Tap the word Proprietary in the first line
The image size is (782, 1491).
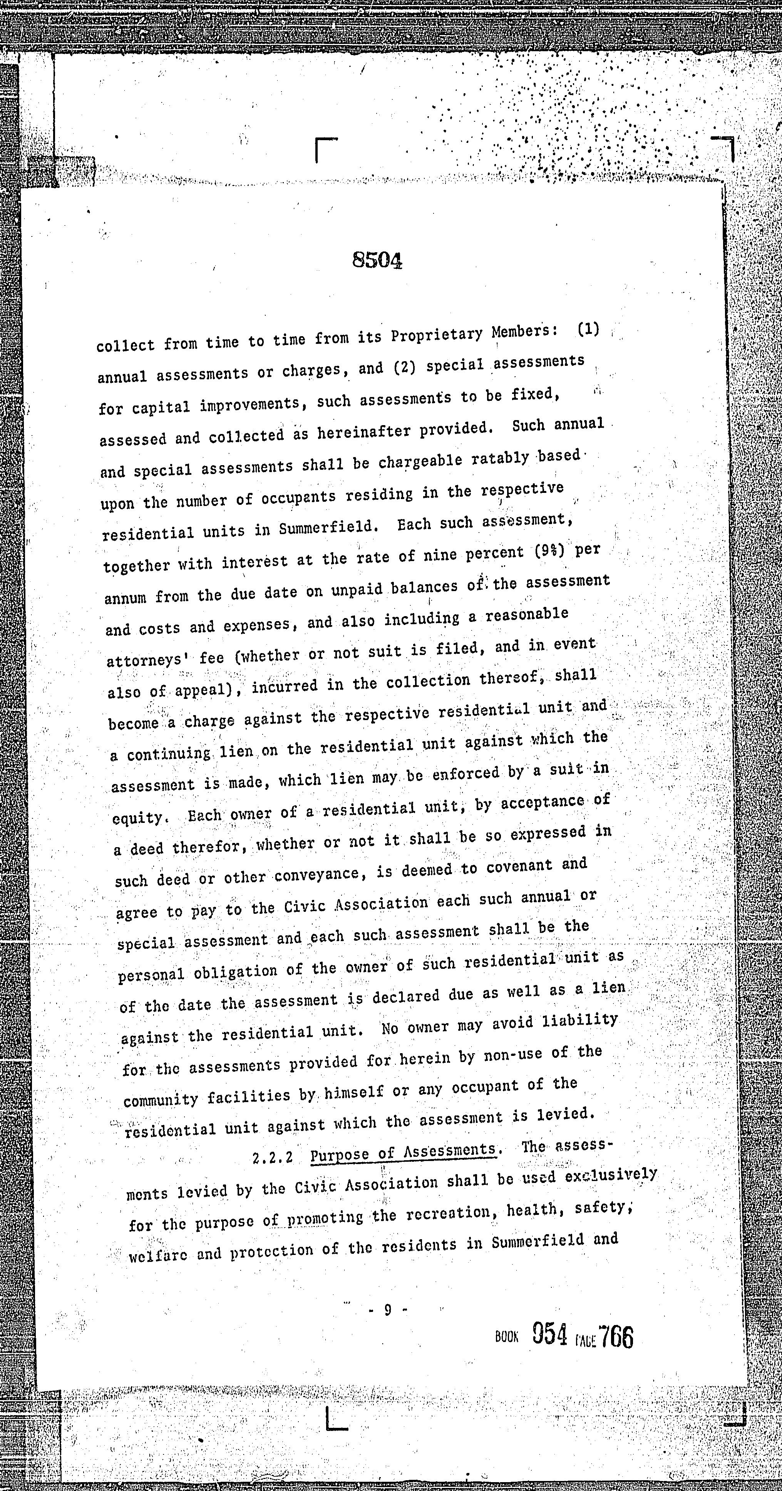(x=437, y=335)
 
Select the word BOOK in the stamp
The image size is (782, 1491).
(x=506, y=1338)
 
